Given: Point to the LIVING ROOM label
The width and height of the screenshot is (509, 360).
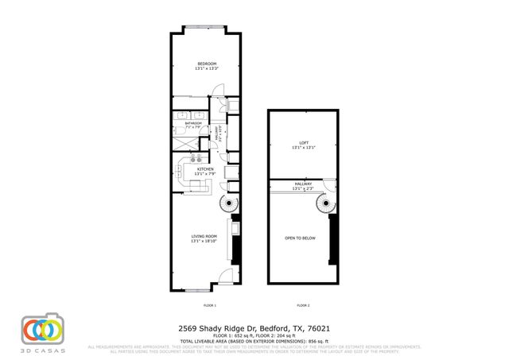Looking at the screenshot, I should click(x=205, y=236).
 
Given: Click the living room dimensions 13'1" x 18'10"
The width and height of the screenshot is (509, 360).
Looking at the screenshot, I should click(x=205, y=242).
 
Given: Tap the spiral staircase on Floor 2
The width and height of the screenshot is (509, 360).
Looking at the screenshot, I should click(x=324, y=206).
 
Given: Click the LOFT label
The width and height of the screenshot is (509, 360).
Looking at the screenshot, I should click(x=303, y=143).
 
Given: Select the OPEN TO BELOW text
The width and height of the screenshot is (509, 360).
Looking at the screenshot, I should click(x=303, y=238).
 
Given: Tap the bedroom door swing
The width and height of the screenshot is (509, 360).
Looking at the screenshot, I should click(x=216, y=103).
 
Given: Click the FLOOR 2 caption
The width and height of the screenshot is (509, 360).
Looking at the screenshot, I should click(x=303, y=305).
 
